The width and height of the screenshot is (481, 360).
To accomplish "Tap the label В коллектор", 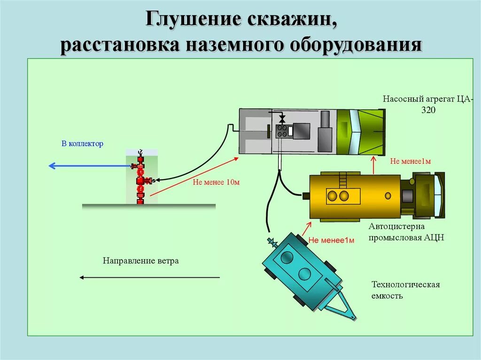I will tap(82, 144).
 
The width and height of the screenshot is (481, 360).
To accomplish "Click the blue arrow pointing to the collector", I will tap(89, 165).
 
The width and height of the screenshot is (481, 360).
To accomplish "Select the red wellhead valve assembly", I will tap(140, 178).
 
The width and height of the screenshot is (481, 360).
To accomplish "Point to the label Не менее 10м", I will tap(216, 182).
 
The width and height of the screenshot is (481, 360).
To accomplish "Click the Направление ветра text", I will tap(141, 261).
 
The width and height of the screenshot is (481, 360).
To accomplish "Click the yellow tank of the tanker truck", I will tap(355, 196).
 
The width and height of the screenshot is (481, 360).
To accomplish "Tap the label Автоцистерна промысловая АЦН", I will tap(406, 232).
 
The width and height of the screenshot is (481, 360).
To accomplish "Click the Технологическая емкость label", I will tap(405, 290).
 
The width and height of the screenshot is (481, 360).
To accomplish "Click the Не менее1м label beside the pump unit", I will tap(411, 161).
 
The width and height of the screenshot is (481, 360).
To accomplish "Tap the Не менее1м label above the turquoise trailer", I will tap(331, 241).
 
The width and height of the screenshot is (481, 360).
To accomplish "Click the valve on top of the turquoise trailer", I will tap(272, 243).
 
